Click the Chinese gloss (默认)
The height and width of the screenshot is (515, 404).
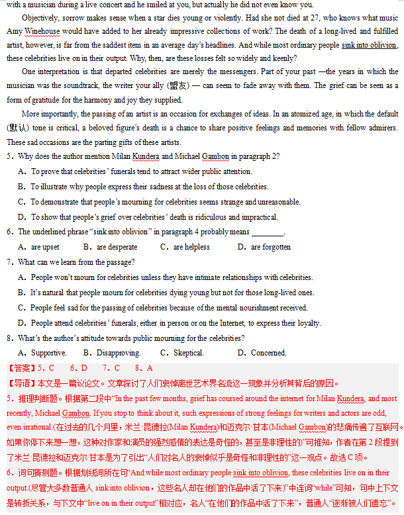(18, 128)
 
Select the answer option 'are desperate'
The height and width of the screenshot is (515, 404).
(117, 247)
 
